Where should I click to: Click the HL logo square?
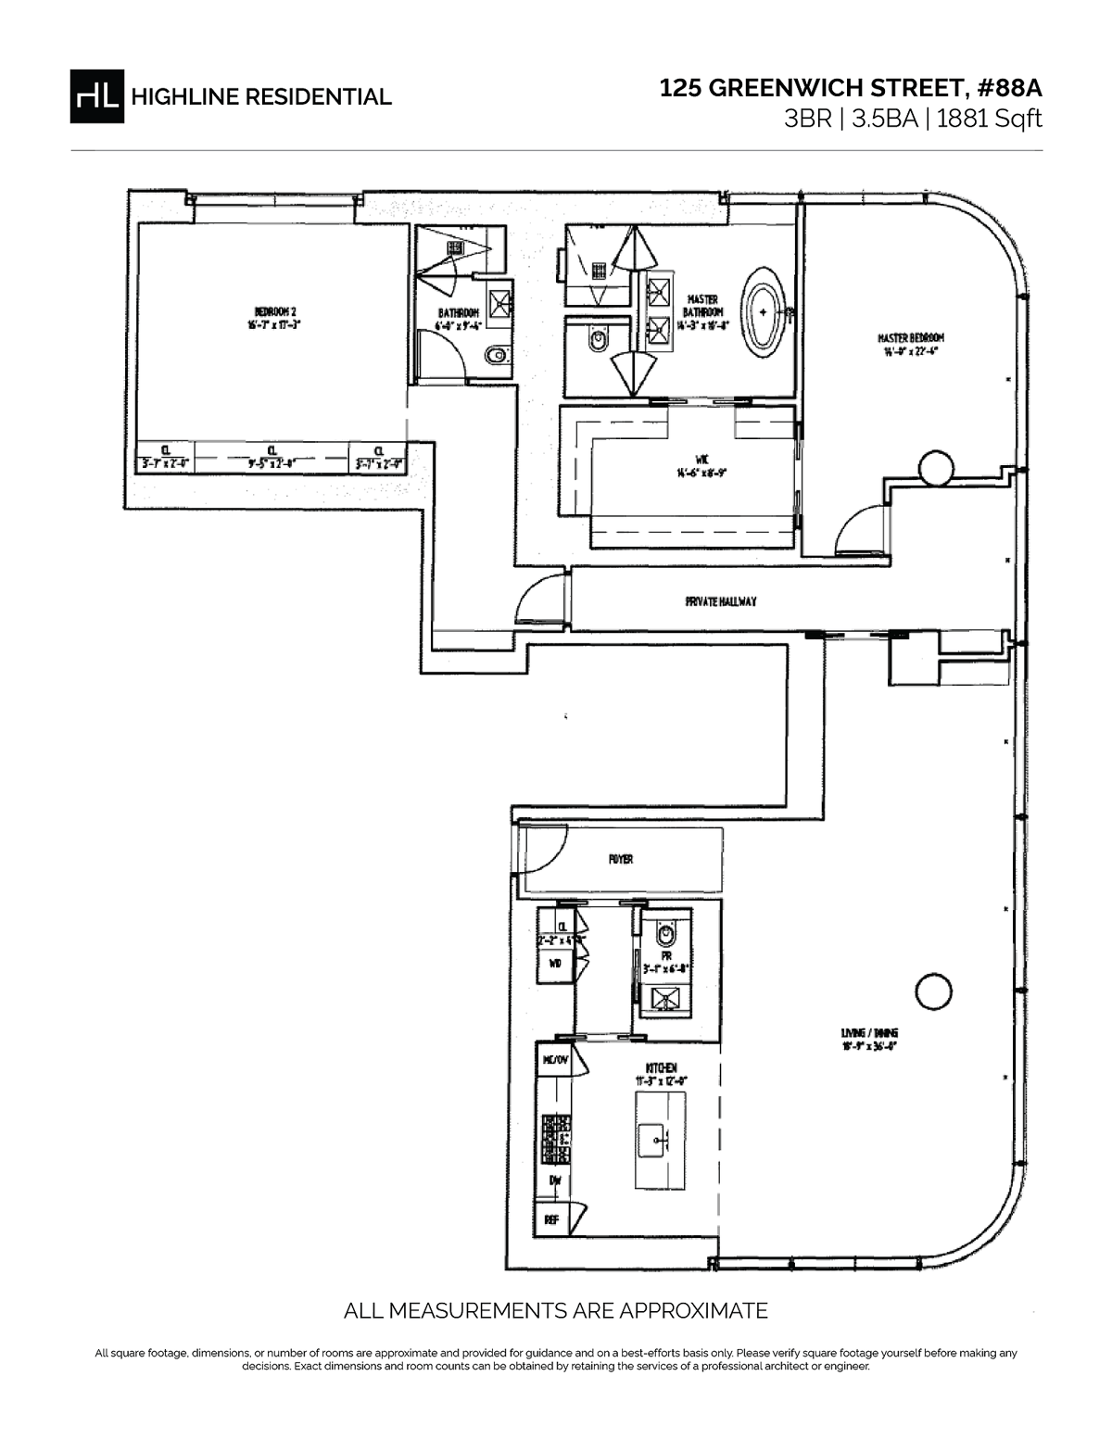(x=95, y=95)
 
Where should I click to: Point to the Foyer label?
(x=620, y=859)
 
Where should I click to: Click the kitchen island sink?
(x=660, y=1137)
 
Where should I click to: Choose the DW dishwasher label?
(x=555, y=1180)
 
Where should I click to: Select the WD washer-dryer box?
(x=555, y=965)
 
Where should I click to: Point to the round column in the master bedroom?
(x=933, y=468)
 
